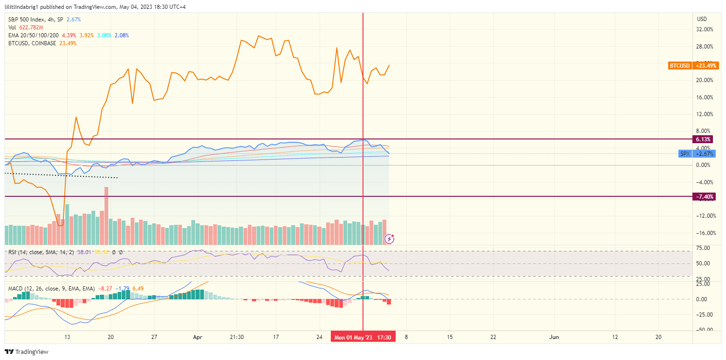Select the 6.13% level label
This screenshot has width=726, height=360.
pos(703,139)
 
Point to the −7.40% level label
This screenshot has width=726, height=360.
pos(704,197)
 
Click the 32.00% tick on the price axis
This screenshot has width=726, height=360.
pos(704,29)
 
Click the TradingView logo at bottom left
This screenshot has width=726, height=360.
pos(27,352)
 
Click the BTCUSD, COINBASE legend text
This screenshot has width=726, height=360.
pos(32,43)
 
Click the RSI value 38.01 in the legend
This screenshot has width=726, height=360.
pos(84,252)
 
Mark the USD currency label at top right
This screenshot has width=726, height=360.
pos(702,19)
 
